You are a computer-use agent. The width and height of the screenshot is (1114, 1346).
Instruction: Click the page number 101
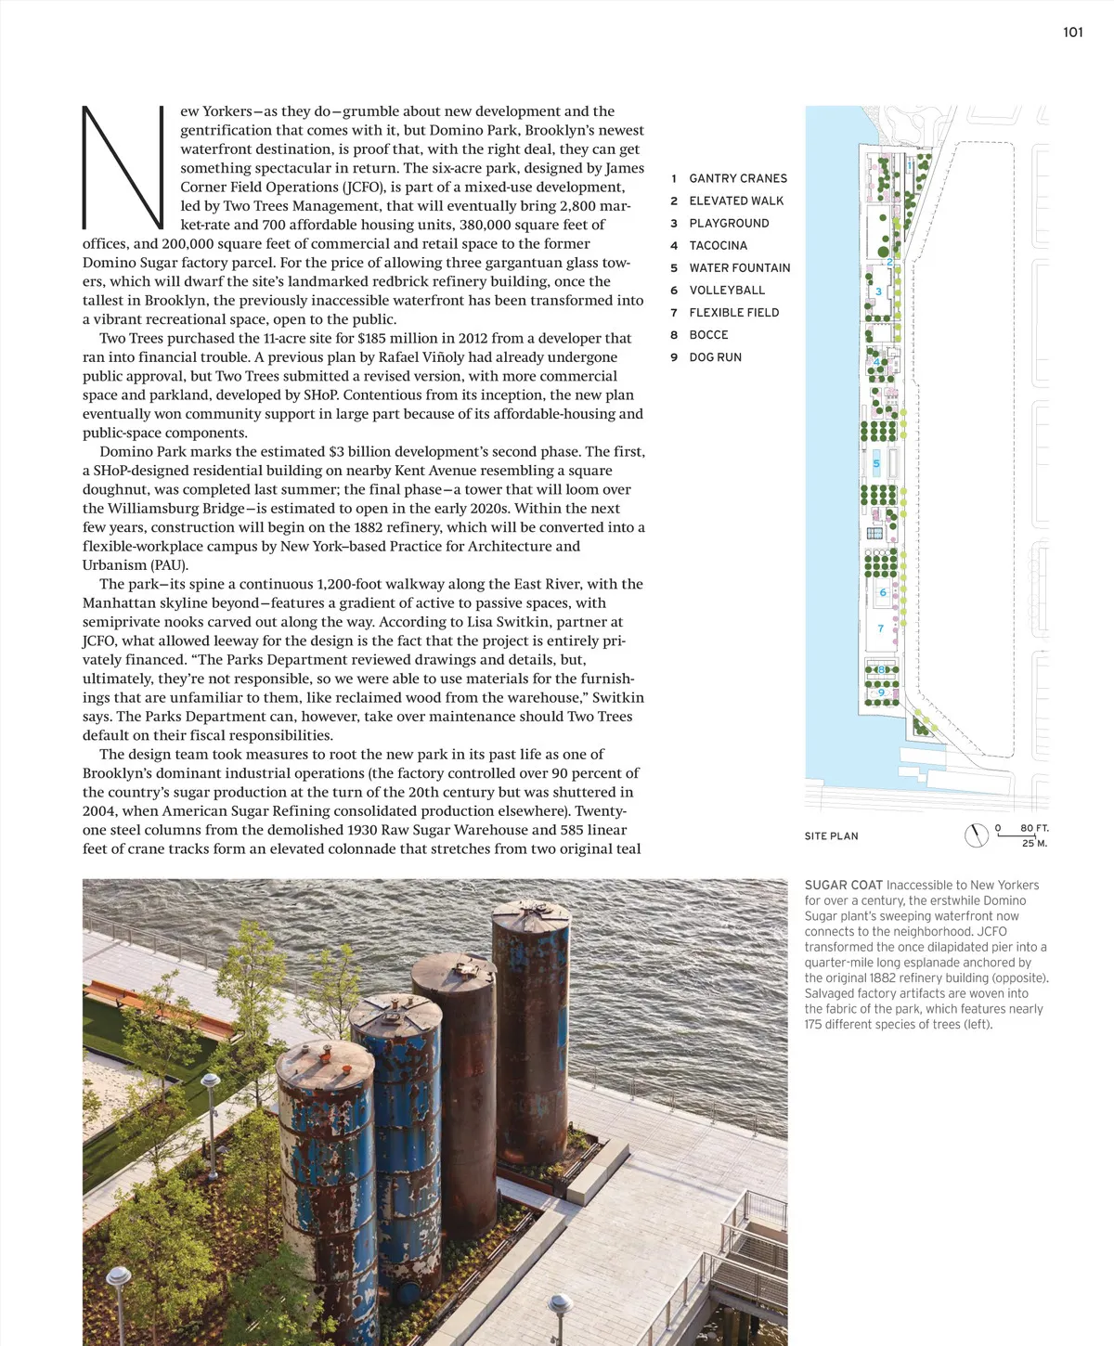click(1072, 32)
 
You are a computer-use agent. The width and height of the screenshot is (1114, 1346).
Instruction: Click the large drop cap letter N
click(123, 167)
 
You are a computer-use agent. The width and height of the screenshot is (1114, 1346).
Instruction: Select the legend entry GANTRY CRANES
click(737, 178)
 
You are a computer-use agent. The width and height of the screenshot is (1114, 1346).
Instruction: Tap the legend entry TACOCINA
click(718, 245)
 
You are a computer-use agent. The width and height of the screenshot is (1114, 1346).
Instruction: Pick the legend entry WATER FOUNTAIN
click(739, 267)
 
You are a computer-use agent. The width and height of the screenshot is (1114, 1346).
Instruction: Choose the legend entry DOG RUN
click(715, 356)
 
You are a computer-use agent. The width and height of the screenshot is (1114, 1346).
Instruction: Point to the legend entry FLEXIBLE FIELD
click(733, 312)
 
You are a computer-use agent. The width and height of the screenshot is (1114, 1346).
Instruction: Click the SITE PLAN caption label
click(831, 836)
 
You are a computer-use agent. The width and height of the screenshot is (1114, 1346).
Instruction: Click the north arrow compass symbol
click(977, 835)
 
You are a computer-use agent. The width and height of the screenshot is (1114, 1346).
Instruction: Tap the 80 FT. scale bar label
click(1033, 828)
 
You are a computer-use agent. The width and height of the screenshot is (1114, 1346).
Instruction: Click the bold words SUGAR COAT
click(843, 886)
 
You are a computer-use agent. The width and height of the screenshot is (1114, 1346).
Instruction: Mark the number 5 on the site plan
click(876, 463)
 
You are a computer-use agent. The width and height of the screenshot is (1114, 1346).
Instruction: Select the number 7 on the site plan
click(881, 628)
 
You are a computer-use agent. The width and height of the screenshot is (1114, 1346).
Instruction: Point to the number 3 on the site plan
click(878, 291)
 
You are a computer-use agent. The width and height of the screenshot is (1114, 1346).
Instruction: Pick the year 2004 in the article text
click(101, 811)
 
